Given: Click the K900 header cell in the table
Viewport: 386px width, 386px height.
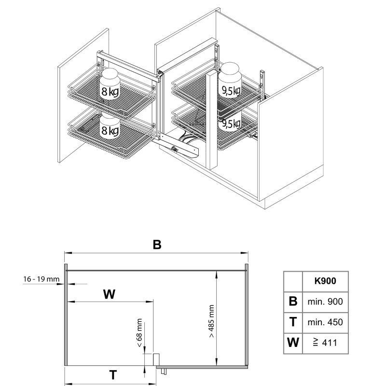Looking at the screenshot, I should click(x=325, y=280).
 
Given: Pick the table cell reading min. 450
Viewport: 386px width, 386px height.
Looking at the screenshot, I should click(x=325, y=322).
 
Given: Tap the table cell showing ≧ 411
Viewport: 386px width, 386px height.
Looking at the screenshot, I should click(x=325, y=343).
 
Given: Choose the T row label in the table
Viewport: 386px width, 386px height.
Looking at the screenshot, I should click(x=293, y=322).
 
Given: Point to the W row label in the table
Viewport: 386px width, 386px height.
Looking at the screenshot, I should click(x=293, y=343).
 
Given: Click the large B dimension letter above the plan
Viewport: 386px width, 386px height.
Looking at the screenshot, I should click(x=156, y=245).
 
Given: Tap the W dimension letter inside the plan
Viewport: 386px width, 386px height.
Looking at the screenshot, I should click(x=110, y=294).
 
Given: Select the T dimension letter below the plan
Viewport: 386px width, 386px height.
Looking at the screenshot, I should click(x=112, y=374).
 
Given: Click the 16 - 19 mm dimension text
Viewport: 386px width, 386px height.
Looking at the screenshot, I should click(x=41, y=279).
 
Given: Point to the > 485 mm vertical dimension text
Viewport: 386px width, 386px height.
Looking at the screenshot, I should click(x=211, y=321).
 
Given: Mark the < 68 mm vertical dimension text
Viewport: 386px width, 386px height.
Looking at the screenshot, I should click(x=139, y=333).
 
